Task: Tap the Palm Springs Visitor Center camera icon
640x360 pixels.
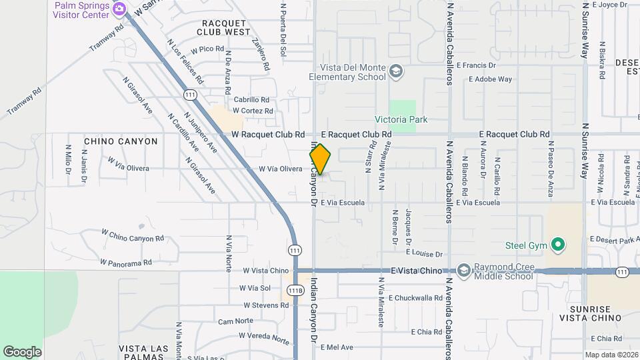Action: [119, 9]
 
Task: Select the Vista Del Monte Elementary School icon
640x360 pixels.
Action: [397, 71]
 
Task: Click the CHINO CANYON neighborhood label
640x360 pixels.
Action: [121, 141]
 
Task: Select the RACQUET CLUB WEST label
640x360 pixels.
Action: [224, 27]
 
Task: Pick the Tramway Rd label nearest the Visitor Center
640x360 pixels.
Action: [107, 39]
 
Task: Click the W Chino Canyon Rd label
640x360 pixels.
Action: [132, 235]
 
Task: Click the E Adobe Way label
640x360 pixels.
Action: [490, 79]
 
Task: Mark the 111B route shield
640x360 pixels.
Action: [295, 290]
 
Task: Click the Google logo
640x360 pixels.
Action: [22, 352]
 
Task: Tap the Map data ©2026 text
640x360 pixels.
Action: [611, 355]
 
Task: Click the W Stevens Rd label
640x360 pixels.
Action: [265, 305]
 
